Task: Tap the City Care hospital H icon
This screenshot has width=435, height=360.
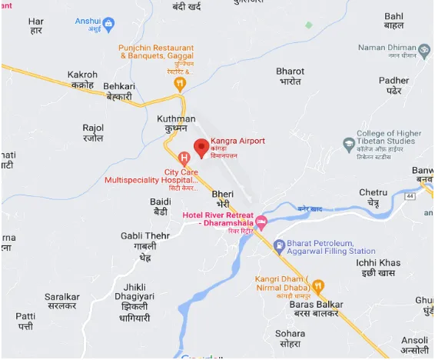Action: click(x=184, y=158)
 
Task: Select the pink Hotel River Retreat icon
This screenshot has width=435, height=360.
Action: click(x=261, y=223)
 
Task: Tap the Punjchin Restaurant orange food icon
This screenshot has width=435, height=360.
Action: click(x=180, y=82)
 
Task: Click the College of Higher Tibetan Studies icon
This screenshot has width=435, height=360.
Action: click(x=349, y=144)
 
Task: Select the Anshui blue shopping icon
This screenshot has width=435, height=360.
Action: click(x=108, y=24)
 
